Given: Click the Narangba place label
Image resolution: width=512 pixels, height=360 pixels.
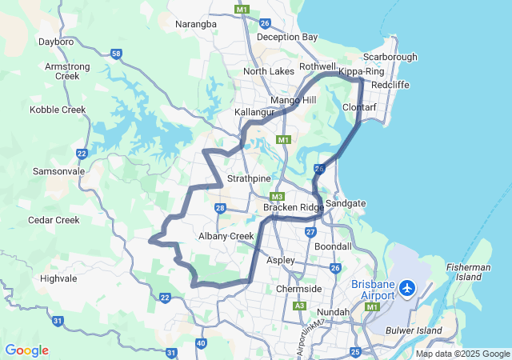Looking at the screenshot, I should point(196,24).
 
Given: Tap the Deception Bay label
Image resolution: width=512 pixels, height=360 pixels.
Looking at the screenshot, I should point(287,37).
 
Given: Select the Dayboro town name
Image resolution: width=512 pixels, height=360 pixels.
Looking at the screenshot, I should point(56,41).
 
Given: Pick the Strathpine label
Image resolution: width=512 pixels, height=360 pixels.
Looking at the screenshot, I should point(251,178).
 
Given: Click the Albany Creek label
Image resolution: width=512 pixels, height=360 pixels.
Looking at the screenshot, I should point(226,236).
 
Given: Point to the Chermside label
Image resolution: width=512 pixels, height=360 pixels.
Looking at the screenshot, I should point(298,289).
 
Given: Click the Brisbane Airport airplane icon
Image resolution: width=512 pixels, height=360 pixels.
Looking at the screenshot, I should point(407,286).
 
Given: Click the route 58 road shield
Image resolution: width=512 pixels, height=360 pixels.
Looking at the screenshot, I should point(117,54).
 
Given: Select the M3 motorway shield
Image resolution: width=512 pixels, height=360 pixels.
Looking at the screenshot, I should point(277,197).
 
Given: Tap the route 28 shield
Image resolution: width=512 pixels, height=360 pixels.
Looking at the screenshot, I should point(220,209).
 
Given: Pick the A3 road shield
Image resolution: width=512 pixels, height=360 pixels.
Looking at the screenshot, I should point(299,306).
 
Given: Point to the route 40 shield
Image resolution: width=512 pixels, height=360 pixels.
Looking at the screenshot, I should point(200,343).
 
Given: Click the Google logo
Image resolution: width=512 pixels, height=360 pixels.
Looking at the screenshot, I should point(26,350).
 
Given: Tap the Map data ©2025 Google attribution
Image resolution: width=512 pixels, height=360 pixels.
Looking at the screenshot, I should point(462,354).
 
